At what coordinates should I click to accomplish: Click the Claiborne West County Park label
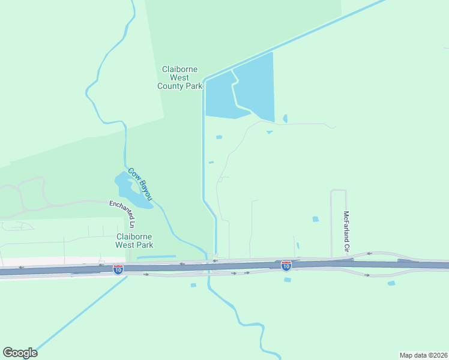(x=180, y=78)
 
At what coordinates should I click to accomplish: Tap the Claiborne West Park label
(x=134, y=241)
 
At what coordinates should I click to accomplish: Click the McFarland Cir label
(x=346, y=230)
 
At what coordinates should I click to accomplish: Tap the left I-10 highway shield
(x=118, y=269)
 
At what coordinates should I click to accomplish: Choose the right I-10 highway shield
(x=286, y=265)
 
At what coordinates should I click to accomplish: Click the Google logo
(x=20, y=353)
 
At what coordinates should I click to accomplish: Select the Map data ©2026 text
(x=423, y=355)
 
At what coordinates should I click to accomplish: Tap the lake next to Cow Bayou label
(x=128, y=190)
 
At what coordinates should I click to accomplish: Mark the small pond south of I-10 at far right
(x=391, y=283)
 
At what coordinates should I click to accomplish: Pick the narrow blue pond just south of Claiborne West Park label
(x=155, y=257)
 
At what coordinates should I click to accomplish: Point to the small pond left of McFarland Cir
(x=315, y=219)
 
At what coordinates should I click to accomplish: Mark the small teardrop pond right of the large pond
(x=285, y=118)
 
